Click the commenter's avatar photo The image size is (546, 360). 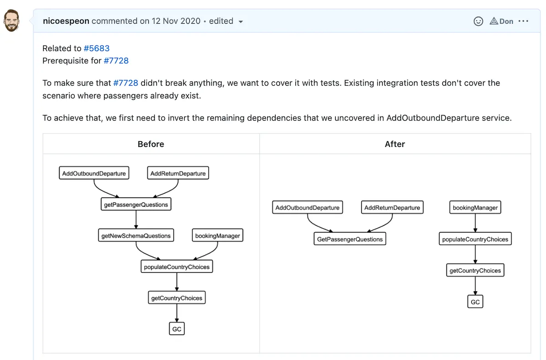pos(11,21)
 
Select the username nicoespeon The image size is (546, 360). pos(66,21)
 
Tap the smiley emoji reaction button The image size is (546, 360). pos(478,21)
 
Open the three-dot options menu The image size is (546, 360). pos(523,21)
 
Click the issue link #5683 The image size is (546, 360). pos(96,48)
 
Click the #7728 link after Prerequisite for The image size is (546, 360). pos(116,61)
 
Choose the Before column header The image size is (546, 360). pos(151,144)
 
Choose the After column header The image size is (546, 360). pos(394,144)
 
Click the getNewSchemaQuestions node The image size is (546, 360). pos(136,236)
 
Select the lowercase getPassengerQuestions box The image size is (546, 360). pos(136,205)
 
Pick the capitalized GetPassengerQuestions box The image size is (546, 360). pos(350,239)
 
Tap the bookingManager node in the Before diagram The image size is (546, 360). pos(217,236)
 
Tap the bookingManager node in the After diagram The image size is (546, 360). pos(475,208)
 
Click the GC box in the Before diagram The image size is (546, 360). pos(177,329)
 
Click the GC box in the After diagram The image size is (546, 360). pos(475,302)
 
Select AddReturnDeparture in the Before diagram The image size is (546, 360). pos(178,173)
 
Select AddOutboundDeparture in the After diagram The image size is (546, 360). pos(308,208)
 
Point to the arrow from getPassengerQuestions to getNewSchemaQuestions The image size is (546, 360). pos(136,220)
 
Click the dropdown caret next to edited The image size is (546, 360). pos(241,21)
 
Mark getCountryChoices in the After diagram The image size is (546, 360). pos(475,271)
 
